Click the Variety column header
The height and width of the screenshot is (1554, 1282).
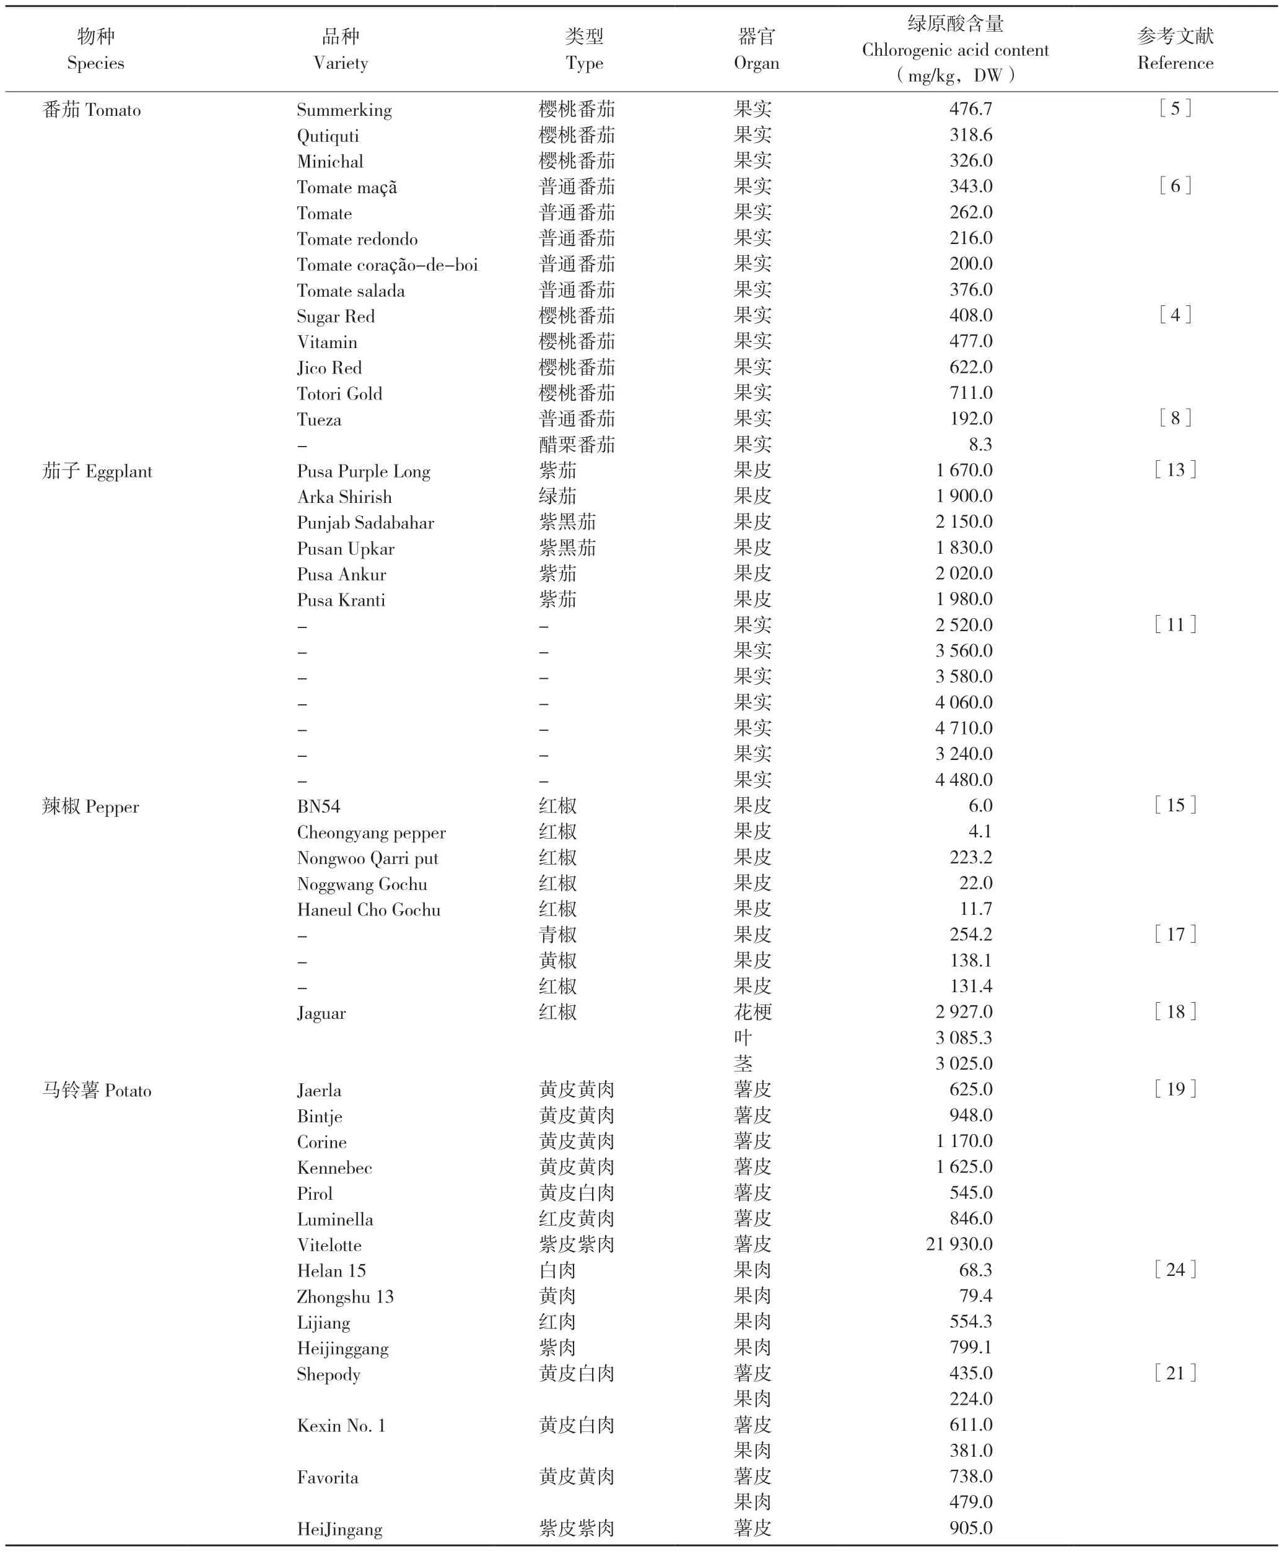click(341, 50)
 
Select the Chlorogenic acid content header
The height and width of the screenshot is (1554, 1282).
click(955, 50)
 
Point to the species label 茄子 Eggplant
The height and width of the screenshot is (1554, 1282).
click(97, 471)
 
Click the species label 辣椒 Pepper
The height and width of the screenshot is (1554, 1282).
click(90, 806)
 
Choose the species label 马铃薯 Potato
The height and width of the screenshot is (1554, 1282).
click(97, 1090)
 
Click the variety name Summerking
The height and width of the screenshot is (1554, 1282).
click(344, 110)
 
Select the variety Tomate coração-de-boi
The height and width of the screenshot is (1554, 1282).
click(387, 264)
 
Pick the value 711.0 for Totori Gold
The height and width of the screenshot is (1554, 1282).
click(970, 393)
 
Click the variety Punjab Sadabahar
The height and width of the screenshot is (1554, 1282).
click(365, 523)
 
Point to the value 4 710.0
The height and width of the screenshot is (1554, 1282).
click(964, 728)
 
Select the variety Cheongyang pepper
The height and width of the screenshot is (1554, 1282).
click(372, 832)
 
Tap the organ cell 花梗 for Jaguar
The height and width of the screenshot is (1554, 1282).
click(752, 1012)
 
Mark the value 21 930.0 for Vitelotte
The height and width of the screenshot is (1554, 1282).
click(959, 1244)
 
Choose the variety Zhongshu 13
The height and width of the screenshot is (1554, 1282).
click(345, 1296)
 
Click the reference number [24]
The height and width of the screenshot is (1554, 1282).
click(1175, 1270)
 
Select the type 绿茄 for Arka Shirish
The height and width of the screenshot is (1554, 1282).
click(557, 496)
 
